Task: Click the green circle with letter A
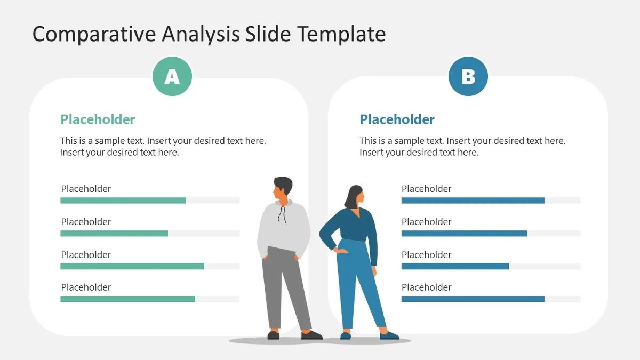(172, 77)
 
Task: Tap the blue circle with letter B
(468, 77)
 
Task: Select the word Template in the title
(341, 34)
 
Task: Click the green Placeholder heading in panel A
(98, 119)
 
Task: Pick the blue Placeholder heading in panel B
(397, 119)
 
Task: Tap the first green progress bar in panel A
(123, 201)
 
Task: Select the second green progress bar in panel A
(114, 234)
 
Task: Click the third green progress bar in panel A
(132, 266)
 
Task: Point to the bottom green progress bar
(127, 299)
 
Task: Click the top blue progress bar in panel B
(473, 201)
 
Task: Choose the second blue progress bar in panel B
(464, 234)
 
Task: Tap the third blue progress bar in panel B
(455, 266)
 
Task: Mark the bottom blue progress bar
(473, 299)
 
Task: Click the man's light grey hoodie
(284, 227)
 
